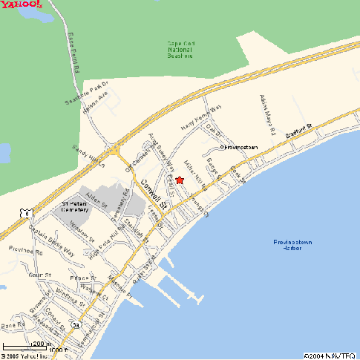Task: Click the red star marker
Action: (180, 180)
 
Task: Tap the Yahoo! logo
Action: (21, 7)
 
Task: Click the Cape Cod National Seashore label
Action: (180, 50)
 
